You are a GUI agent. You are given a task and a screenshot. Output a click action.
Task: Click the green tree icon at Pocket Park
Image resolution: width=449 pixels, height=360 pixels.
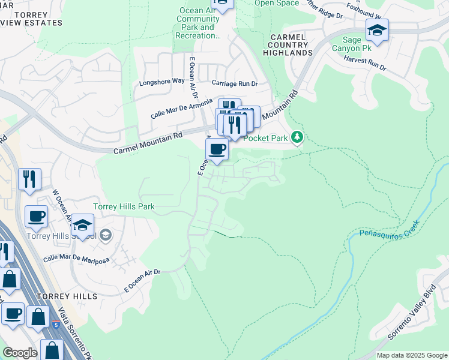[x=297, y=138]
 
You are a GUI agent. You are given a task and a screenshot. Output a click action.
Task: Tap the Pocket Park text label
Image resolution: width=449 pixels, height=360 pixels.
[x=267, y=138]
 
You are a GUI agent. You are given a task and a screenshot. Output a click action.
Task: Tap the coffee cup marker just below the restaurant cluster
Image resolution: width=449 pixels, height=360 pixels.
[x=217, y=149]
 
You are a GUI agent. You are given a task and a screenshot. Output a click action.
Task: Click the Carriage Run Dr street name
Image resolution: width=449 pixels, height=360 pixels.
[x=234, y=83]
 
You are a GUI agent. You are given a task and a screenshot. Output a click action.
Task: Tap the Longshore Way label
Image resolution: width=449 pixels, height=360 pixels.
[x=161, y=81]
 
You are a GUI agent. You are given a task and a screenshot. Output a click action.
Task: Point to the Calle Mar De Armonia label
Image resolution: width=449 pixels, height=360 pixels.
[x=181, y=107]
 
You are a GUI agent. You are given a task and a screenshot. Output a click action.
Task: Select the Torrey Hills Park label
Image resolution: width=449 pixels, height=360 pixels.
[x=124, y=207]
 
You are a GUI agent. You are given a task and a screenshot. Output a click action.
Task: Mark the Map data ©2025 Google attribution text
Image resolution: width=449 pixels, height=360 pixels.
[x=412, y=355]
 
